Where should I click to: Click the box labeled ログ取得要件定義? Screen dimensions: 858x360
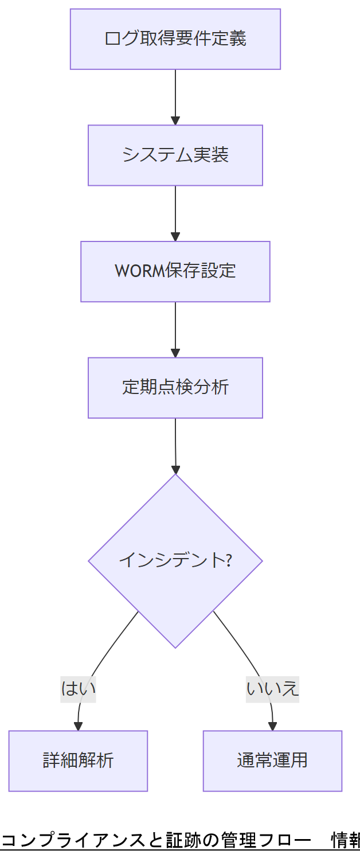click(175, 39)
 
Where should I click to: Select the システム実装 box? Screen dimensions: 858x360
click(175, 155)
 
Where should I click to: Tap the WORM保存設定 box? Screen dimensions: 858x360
click(175, 271)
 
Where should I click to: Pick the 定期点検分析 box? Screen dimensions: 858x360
click(175, 388)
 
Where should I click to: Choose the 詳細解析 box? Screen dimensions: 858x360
click(78, 760)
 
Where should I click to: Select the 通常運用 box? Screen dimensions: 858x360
click(272, 760)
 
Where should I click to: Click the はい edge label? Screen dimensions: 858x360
click(78, 688)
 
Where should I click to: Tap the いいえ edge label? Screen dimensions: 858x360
click(272, 688)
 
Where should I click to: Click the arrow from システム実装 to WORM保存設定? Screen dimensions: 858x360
click(175, 213)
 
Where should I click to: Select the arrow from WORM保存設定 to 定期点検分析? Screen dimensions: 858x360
click(175, 329)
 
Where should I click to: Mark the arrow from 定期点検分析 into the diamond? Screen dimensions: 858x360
click(175, 446)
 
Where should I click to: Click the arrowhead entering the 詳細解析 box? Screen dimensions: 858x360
click(79, 726)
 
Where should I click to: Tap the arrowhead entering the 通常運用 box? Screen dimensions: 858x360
click(273, 726)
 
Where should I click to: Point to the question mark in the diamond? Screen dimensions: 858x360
click(228, 560)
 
